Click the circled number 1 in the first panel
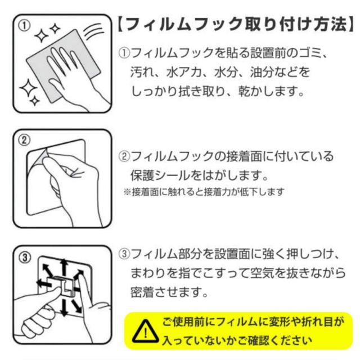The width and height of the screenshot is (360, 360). point(24,26)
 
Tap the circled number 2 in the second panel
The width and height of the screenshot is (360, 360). point(24,140)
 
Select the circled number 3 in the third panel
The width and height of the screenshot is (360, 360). point(24,258)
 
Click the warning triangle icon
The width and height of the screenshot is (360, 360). point(145,331)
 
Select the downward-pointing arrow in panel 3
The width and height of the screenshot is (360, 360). point(64,306)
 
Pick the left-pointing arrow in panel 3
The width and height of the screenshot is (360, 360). point(45,283)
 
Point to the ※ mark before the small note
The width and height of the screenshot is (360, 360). point(127,192)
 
